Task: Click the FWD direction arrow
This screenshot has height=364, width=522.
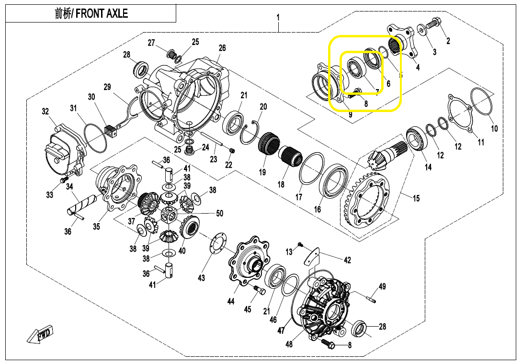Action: pos(40,334)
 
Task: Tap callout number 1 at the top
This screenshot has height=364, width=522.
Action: pos(278,17)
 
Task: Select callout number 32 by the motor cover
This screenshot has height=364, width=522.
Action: pos(45,111)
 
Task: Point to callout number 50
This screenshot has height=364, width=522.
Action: pos(220,213)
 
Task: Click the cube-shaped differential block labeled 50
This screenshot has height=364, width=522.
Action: pos(169,215)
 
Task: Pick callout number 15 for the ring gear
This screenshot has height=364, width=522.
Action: pos(416,198)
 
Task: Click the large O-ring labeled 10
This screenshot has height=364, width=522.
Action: pos(481,101)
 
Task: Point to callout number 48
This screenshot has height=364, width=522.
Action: pos(289,344)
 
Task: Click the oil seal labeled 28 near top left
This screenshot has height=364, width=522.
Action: pos(141,69)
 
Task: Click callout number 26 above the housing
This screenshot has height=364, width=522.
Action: pos(222,48)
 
